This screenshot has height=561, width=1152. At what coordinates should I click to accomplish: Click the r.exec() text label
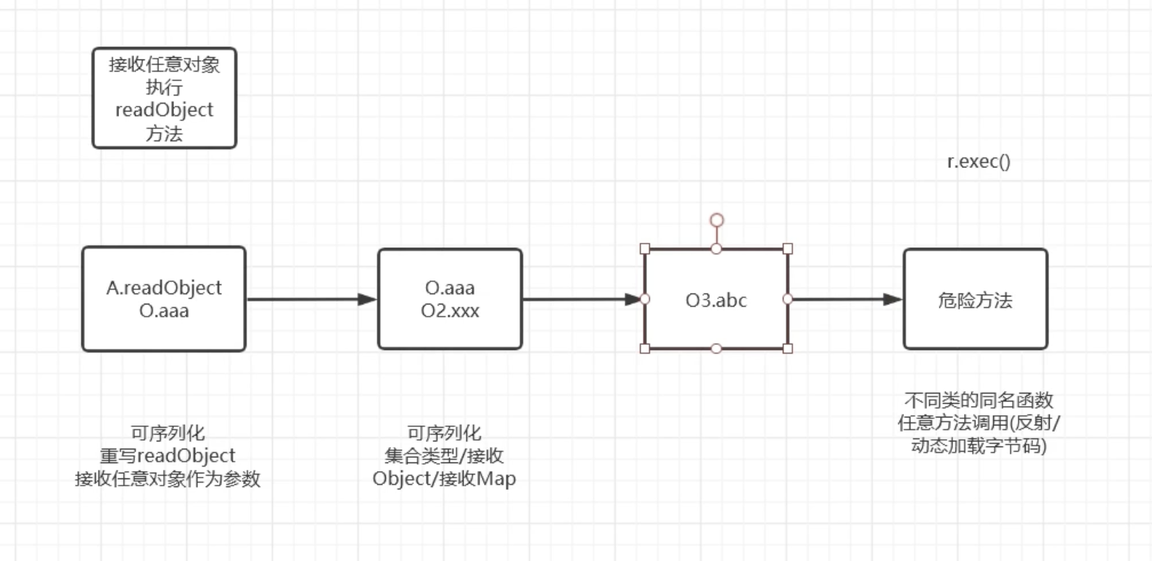[x=979, y=161]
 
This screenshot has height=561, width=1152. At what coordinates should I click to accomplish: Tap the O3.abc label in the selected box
[x=716, y=300]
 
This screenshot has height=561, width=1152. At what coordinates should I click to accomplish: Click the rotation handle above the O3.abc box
[x=717, y=220]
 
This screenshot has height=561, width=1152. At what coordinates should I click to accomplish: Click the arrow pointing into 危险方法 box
[x=845, y=299]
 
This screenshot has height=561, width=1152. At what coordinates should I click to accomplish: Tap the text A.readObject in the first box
[x=164, y=288]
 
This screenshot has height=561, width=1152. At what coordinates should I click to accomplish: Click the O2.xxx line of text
[x=450, y=311]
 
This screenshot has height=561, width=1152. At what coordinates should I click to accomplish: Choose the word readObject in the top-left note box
[x=164, y=110]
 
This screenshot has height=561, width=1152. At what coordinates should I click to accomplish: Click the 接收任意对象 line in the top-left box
[x=164, y=65]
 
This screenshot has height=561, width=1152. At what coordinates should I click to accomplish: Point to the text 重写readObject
[x=168, y=456]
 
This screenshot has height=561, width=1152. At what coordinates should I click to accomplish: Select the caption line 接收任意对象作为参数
[x=168, y=479]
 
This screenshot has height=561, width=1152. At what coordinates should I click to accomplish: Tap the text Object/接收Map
[x=444, y=479]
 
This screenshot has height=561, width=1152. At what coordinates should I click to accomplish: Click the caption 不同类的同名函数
[x=979, y=400]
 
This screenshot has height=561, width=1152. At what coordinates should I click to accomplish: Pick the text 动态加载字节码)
[x=979, y=446]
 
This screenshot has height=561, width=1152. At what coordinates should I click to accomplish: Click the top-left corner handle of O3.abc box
[x=645, y=249]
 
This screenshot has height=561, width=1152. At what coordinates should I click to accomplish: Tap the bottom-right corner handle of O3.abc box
[x=788, y=349]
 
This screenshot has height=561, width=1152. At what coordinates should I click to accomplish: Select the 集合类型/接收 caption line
[x=444, y=456]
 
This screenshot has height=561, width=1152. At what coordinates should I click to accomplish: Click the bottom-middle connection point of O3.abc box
[x=716, y=349]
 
